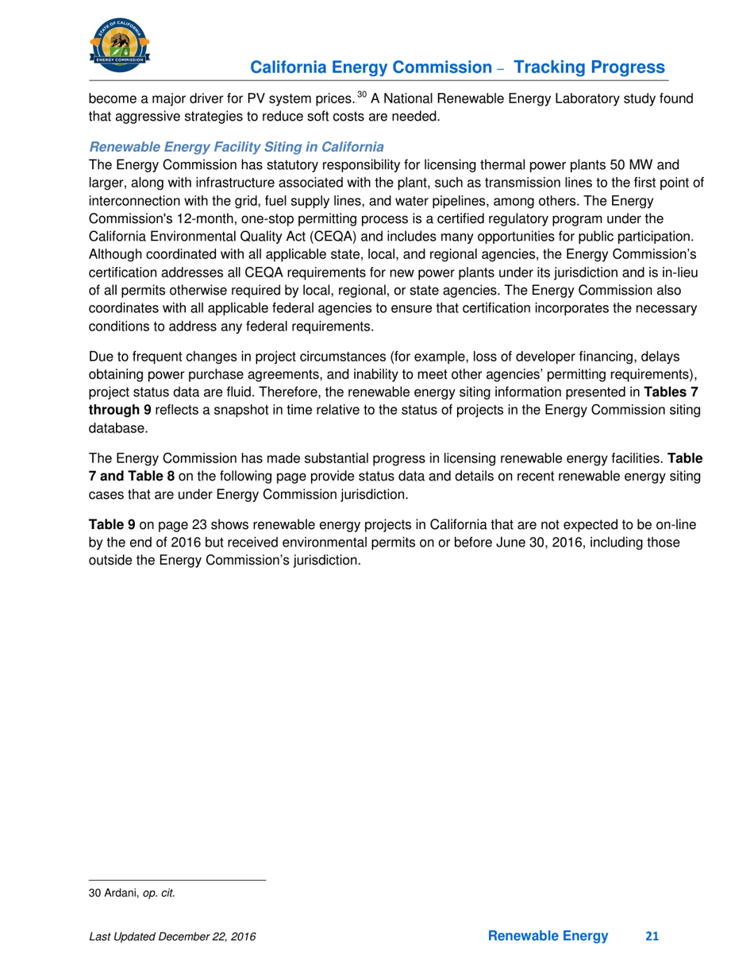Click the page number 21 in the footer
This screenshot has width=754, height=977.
652,937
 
